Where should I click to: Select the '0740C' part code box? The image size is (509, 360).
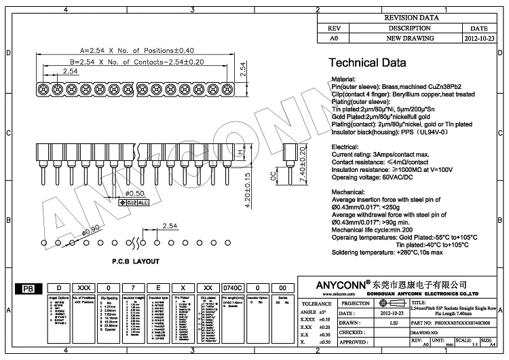pyautogui.click(x=231, y=288)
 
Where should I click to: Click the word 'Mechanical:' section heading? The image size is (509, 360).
pyautogui.click(x=349, y=192)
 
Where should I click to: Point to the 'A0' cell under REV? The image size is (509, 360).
pyautogui.click(x=333, y=39)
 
